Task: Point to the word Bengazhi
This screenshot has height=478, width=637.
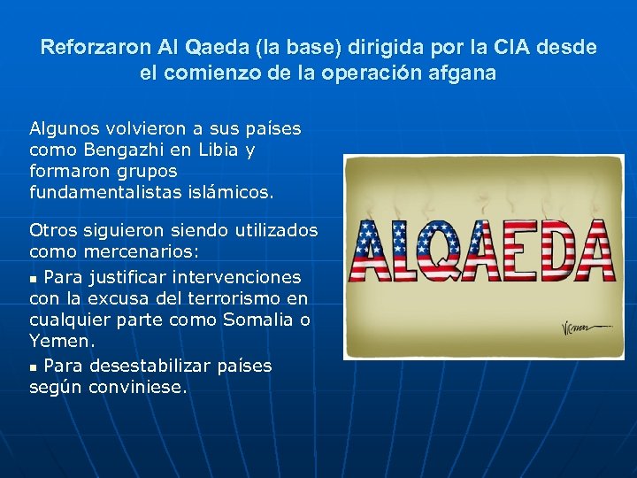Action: coord(124,150)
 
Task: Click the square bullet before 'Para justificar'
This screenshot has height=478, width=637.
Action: coord(34,278)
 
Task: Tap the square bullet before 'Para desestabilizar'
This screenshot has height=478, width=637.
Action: coord(34,366)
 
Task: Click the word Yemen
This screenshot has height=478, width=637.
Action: coord(61,341)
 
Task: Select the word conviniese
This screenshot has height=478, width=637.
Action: coord(138,387)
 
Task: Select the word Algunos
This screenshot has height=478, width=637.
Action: coord(63,128)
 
